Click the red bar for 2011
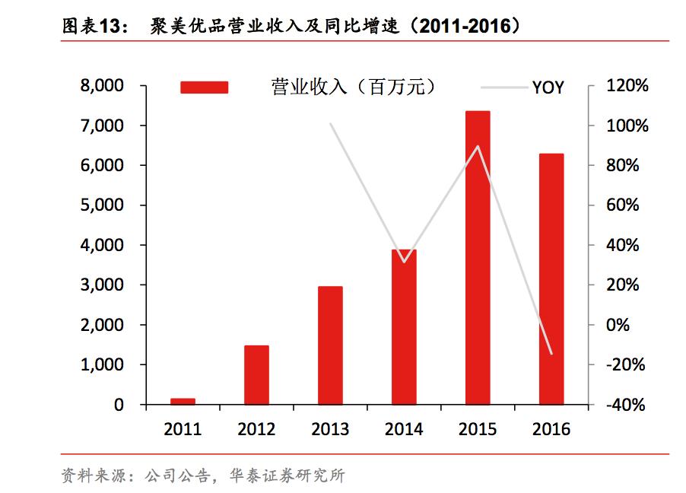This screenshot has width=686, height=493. click(x=183, y=401)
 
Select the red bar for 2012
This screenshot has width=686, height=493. click(x=256, y=375)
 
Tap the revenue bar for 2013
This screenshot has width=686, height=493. click(x=330, y=345)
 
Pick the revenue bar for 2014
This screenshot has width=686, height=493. click(x=404, y=327)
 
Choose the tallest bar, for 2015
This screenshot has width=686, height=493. click(x=478, y=258)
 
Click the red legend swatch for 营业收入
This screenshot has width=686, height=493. click(x=204, y=87)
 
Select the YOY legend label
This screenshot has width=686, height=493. click(x=548, y=87)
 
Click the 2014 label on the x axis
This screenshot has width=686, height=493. click(x=404, y=429)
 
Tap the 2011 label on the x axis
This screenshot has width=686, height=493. click(x=183, y=429)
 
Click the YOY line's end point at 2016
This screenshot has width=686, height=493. click(x=551, y=353)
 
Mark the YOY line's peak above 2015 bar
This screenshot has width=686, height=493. click(x=478, y=146)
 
